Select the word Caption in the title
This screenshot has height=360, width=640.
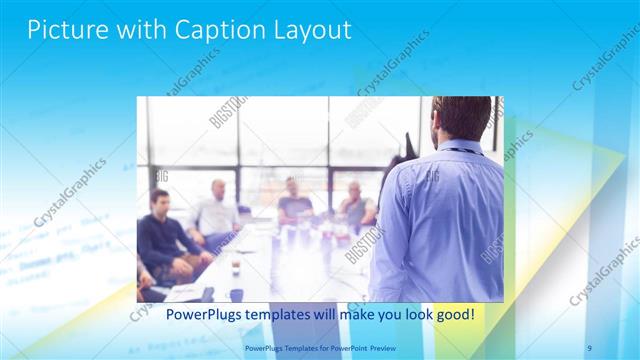tap(206, 30)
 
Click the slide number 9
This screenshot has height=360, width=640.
tap(590, 347)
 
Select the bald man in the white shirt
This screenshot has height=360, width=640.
tap(215, 212)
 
